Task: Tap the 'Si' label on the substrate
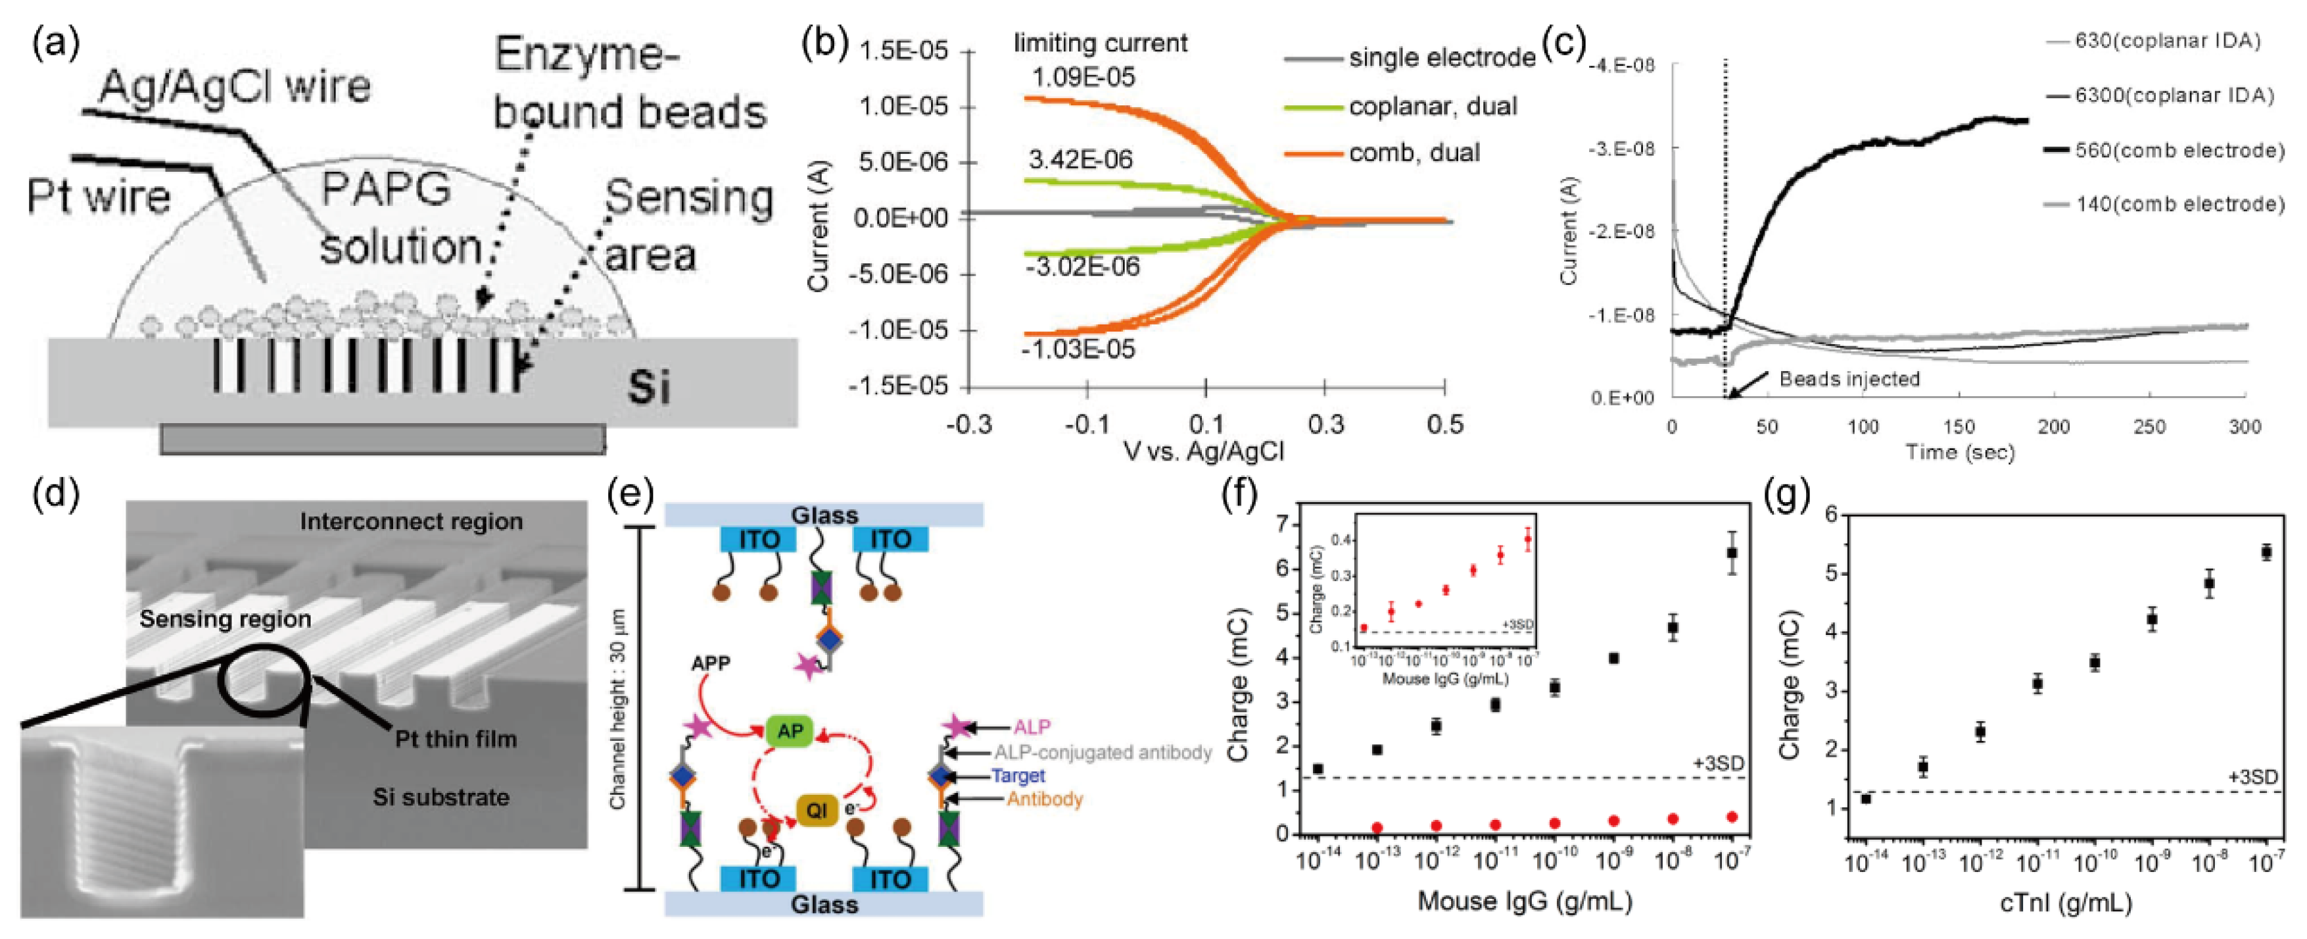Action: tap(648, 387)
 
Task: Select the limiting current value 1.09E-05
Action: tap(1082, 78)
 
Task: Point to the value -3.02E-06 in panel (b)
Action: tap(1082, 267)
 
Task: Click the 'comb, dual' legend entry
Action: tap(1414, 153)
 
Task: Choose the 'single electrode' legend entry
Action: tap(1442, 59)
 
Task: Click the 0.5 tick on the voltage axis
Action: tap(1444, 424)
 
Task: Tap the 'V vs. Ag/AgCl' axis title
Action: tap(1204, 451)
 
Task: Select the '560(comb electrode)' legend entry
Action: tap(2179, 151)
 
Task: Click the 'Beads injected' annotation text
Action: tap(1849, 379)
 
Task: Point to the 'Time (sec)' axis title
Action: tap(1959, 453)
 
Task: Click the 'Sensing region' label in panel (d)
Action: tap(225, 619)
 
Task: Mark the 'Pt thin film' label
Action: tap(456, 739)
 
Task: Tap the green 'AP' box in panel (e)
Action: tap(789, 731)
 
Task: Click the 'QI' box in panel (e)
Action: tap(816, 810)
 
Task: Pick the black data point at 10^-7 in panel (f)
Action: tap(1732, 553)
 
